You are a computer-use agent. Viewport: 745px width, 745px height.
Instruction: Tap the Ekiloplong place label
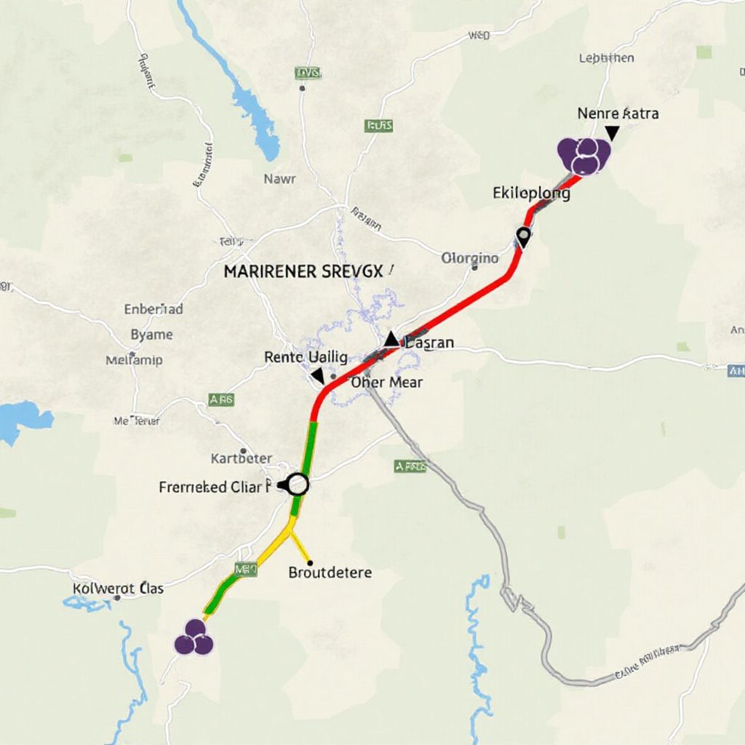531,194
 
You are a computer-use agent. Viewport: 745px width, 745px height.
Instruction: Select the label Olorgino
470,258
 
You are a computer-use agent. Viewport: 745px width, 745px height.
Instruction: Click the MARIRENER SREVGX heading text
303,272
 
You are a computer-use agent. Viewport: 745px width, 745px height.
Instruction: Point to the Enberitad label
154,308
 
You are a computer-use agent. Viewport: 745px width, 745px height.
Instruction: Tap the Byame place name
151,335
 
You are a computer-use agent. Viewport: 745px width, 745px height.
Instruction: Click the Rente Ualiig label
306,356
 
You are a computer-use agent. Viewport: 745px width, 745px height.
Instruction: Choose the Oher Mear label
386,382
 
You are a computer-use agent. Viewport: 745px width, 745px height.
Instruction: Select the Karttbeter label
241,458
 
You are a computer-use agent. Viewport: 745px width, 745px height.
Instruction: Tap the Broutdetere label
330,572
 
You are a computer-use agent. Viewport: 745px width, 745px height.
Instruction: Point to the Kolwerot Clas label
119,588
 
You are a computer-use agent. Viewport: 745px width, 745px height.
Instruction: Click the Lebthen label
606,57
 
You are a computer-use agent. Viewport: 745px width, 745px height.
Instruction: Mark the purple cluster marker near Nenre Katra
583,155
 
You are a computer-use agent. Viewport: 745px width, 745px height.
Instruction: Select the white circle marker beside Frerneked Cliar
298,484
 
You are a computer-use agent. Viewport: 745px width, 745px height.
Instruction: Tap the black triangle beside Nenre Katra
612,132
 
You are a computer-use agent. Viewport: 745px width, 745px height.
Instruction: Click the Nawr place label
279,178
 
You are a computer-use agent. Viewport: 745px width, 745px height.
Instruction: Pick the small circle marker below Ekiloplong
522,235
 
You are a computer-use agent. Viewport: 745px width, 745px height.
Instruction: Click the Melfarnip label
134,360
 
